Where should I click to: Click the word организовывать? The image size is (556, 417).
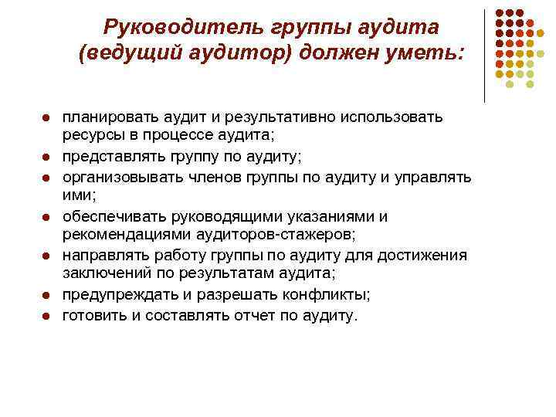click(118, 178)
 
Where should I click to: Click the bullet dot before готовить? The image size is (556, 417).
click(47, 317)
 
